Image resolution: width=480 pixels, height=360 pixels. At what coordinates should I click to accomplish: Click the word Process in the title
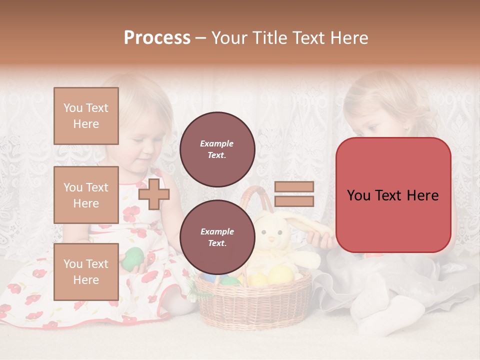click(x=157, y=38)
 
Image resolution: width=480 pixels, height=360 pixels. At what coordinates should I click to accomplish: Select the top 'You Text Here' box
click(x=86, y=116)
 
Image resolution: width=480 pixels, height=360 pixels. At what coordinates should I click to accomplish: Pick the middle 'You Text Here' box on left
click(x=86, y=195)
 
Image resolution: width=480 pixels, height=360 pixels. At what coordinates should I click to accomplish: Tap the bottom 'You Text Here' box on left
click(x=86, y=271)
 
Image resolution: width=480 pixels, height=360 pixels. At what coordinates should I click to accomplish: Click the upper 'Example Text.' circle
click(x=217, y=149)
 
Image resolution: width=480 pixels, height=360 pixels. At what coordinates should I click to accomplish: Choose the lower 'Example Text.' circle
click(x=217, y=237)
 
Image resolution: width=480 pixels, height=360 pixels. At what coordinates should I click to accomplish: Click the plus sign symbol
click(x=153, y=194)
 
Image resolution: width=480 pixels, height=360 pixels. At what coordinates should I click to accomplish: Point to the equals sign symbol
click(x=294, y=194)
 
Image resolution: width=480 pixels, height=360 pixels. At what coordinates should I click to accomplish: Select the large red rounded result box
click(x=393, y=195)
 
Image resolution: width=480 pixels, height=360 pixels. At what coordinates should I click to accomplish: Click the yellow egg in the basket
click(x=280, y=274)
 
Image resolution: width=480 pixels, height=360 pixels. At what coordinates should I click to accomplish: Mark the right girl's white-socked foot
click(x=395, y=315)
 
